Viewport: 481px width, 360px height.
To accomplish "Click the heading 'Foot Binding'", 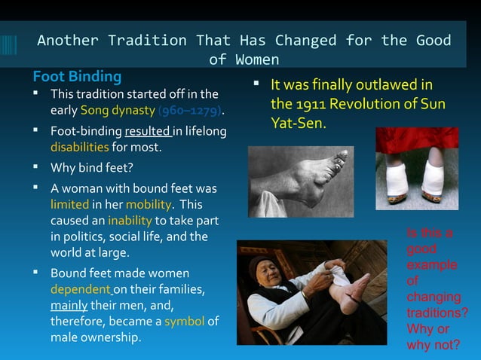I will [x=77, y=77].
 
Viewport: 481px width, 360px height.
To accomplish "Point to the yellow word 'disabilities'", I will [x=80, y=146].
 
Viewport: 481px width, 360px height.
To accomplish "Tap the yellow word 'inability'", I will [x=130, y=221].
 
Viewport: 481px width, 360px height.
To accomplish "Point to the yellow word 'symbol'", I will [x=184, y=321].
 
